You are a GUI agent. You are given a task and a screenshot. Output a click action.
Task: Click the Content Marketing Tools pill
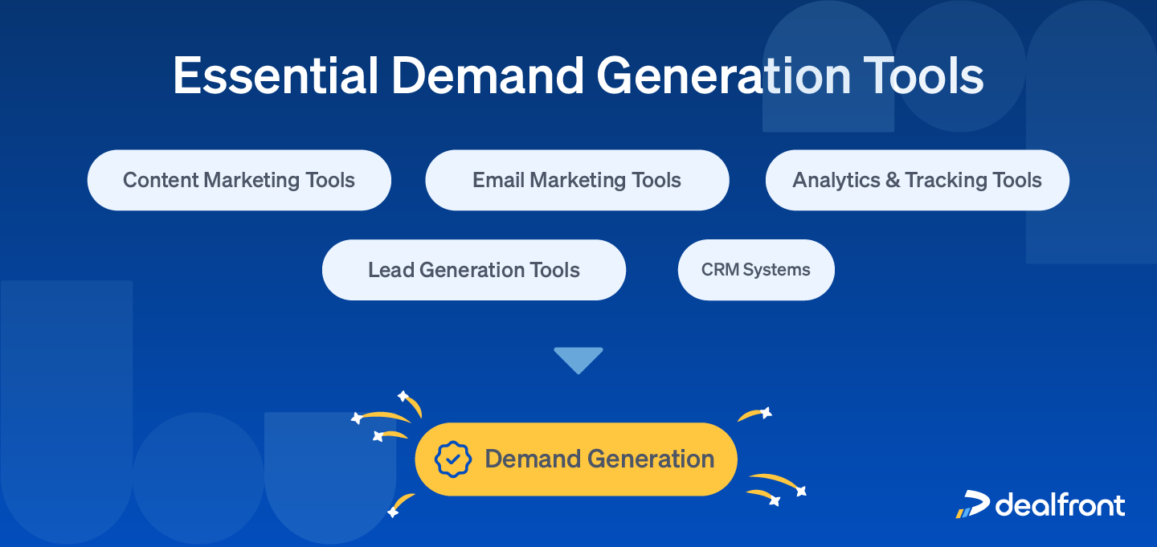(x=239, y=180)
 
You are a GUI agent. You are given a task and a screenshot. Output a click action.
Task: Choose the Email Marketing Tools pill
(x=577, y=180)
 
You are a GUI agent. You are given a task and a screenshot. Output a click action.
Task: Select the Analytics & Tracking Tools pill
(x=917, y=180)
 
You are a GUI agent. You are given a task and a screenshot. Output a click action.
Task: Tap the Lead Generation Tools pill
(x=474, y=270)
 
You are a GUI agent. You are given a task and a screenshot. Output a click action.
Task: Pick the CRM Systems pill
(x=756, y=270)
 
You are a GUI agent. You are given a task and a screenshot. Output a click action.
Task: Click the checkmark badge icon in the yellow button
(x=453, y=459)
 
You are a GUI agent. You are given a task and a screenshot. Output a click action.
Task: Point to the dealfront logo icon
(x=972, y=504)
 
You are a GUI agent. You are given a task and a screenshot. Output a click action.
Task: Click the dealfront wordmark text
(x=1061, y=504)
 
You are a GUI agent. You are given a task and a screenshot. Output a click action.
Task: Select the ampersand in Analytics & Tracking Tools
(x=893, y=180)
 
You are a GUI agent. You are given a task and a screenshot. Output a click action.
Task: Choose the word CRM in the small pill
(x=719, y=270)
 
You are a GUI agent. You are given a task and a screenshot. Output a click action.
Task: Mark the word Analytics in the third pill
(x=836, y=180)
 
